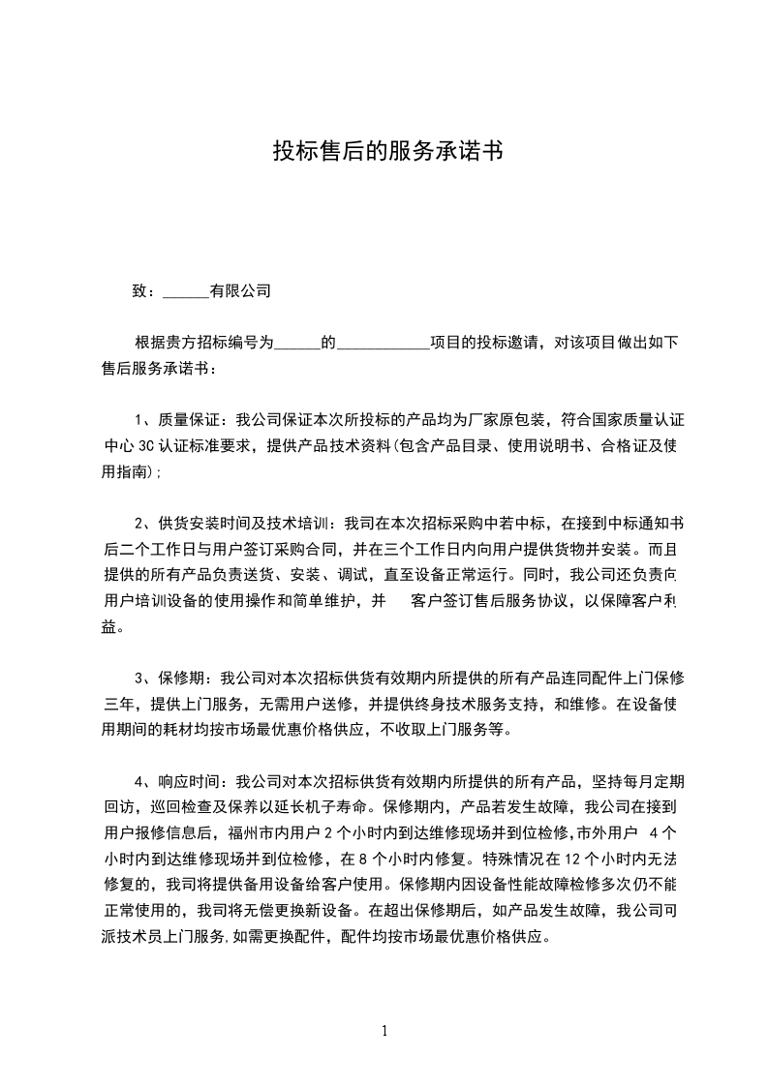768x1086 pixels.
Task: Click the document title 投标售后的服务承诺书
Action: pos(386,151)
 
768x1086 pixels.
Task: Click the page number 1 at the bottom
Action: pos(384,1030)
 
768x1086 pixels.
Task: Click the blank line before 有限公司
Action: pos(186,290)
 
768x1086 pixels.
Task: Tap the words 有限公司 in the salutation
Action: pos(240,289)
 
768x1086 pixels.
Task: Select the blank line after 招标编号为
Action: pos(298,343)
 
